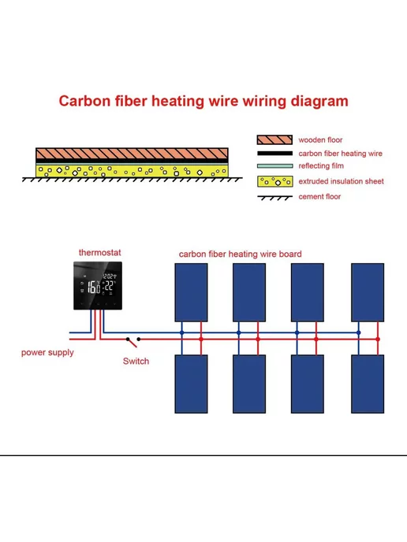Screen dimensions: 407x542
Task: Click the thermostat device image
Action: tap(98, 285)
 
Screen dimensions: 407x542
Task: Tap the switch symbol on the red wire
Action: tap(133, 342)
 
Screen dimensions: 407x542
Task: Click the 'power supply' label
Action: tap(47, 353)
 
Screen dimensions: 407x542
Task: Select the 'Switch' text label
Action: tap(136, 362)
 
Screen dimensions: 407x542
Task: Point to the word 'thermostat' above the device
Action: tap(99, 253)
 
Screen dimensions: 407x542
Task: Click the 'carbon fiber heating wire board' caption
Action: tap(241, 254)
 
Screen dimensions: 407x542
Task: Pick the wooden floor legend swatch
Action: tap(274, 139)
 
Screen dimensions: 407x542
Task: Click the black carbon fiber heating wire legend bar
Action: tap(274, 153)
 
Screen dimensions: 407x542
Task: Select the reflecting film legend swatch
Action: tap(274, 166)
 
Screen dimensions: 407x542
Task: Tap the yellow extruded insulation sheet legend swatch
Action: tap(274, 181)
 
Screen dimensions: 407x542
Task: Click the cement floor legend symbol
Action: tap(274, 198)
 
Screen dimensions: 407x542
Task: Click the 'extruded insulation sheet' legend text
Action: tap(342, 181)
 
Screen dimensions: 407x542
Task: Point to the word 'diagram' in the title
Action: tap(319, 102)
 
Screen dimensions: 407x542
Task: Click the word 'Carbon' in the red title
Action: tap(85, 101)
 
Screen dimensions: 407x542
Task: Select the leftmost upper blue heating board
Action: tap(191, 292)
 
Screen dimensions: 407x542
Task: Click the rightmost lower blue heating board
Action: tap(368, 384)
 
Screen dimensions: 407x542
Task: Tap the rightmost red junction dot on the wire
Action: tap(378, 339)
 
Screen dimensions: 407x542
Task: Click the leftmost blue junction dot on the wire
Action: tap(181, 333)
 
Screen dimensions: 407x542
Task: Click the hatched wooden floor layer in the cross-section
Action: tap(132, 154)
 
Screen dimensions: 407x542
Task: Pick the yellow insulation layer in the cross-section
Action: tap(132, 171)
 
